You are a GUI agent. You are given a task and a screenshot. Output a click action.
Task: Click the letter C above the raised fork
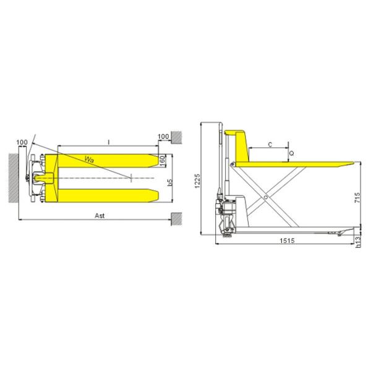click(x=270, y=144)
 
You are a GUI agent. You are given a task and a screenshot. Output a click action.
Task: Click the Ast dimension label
click(x=97, y=215)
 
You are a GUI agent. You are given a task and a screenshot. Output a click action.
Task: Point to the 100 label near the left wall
click(x=22, y=143)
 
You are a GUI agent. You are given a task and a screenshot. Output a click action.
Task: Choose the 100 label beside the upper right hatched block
click(x=163, y=136)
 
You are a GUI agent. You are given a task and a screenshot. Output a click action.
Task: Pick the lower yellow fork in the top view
click(x=105, y=197)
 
